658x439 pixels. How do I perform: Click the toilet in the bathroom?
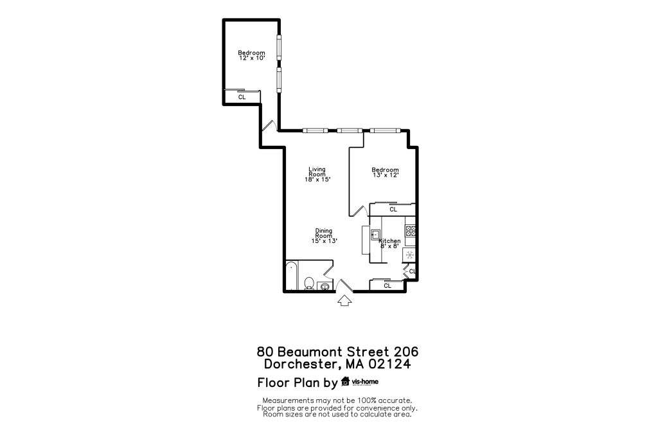[x=308, y=283]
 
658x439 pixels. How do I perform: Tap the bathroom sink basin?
[x=326, y=286]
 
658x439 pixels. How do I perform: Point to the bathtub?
[x=292, y=276]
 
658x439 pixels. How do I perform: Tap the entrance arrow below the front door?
[x=344, y=300]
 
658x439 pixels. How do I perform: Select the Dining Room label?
[x=324, y=233]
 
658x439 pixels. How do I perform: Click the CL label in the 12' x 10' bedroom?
[x=242, y=98]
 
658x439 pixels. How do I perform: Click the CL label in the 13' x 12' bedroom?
[x=393, y=210]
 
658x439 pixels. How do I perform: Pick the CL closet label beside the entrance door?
[x=387, y=285]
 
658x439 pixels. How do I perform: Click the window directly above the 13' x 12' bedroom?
[x=384, y=131]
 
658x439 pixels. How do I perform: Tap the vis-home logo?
[x=360, y=382]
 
